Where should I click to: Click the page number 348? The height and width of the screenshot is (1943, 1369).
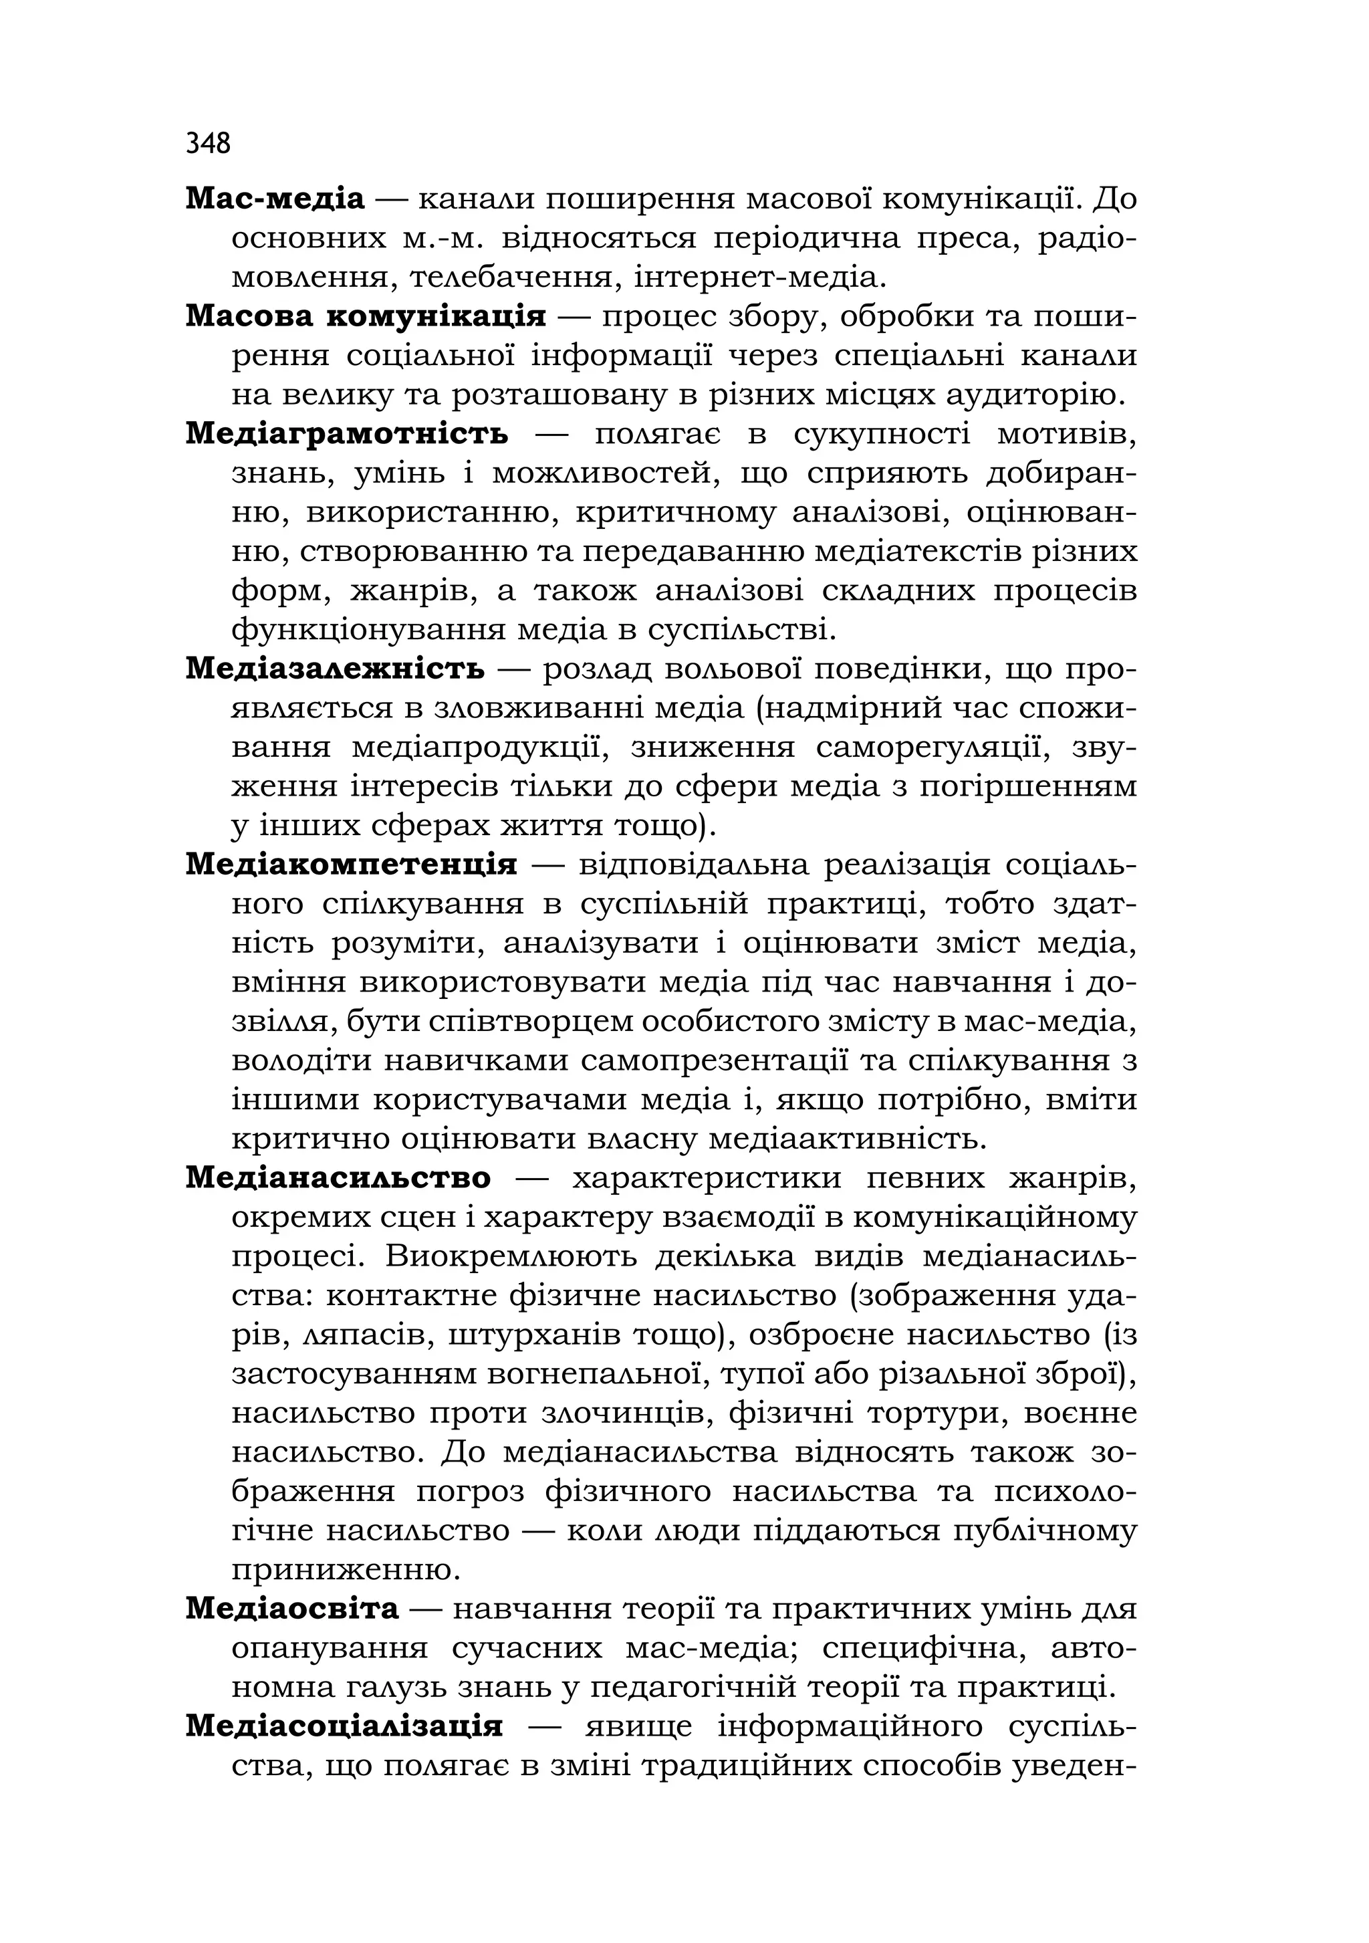208,143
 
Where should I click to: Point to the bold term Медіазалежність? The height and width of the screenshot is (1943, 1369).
335,669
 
